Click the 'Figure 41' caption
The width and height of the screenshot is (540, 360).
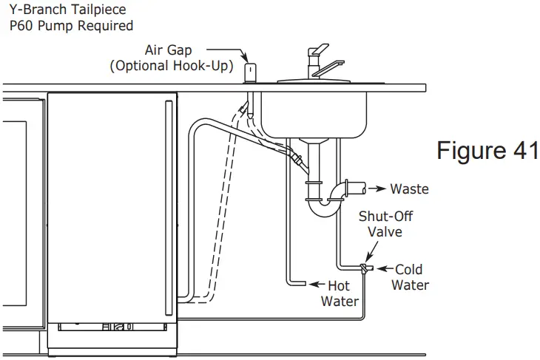point(486,150)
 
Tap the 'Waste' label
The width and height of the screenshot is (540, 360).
point(409,189)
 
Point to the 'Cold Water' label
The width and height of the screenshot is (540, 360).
point(409,277)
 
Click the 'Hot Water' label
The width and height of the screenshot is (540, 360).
point(340,293)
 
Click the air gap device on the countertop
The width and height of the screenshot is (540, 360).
point(250,71)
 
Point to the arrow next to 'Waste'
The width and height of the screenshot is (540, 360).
point(377,189)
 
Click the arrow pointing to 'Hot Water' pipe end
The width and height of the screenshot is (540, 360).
point(316,284)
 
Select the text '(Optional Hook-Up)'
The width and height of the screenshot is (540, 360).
point(172,66)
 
